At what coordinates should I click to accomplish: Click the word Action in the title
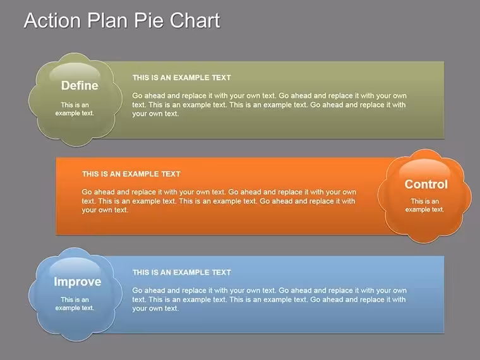52,20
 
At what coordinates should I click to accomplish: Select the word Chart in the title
195,20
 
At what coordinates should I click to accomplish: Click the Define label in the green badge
80,85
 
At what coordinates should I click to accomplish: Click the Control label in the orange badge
426,184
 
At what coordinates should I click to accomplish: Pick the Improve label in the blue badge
78,282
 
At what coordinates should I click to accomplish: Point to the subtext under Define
75,109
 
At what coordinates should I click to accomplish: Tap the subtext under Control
424,205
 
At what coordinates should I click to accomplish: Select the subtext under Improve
75,304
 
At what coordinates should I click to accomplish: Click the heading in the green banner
182,78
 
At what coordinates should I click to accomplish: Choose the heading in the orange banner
131,174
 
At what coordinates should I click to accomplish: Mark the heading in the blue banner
182,272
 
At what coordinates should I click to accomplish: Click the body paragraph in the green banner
270,105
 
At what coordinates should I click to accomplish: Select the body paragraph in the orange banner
219,201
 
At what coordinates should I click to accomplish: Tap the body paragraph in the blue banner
270,299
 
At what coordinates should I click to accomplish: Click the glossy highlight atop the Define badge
75,71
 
